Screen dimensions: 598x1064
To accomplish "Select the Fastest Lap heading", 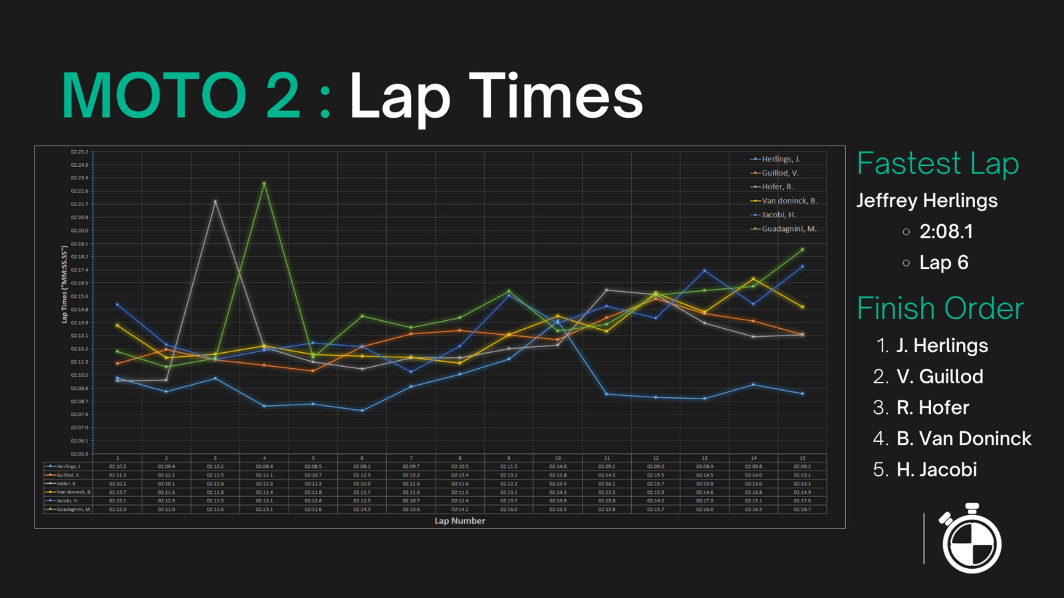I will coord(938,163).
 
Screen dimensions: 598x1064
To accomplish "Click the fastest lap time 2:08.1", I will coord(946,231).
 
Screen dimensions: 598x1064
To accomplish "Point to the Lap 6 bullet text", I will coord(944,262).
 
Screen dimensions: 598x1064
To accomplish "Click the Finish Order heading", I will coord(940,308).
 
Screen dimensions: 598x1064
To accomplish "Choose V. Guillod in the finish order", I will coord(940,377).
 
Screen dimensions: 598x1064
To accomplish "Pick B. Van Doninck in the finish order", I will coord(964,439).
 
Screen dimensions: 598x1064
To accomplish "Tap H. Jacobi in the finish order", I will coord(936,470).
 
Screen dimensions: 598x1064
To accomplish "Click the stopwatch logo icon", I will coord(972,539).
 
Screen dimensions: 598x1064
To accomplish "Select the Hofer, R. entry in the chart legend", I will coord(777,187).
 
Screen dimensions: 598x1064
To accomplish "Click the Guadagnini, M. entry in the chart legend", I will coord(789,229).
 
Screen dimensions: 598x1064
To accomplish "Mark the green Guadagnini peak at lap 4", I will coord(264,183).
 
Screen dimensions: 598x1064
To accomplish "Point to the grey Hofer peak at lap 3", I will coord(215,201).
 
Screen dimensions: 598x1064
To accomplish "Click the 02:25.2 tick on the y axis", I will coord(79,152).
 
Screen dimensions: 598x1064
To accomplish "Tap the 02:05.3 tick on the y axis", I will coord(79,454).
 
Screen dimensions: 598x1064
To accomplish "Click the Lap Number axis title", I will coord(460,521).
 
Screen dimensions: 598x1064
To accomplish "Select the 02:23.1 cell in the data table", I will coord(264,509).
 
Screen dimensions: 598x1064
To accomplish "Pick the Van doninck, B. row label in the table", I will coord(73,492).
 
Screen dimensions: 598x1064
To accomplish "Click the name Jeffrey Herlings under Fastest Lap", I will coord(926,201).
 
